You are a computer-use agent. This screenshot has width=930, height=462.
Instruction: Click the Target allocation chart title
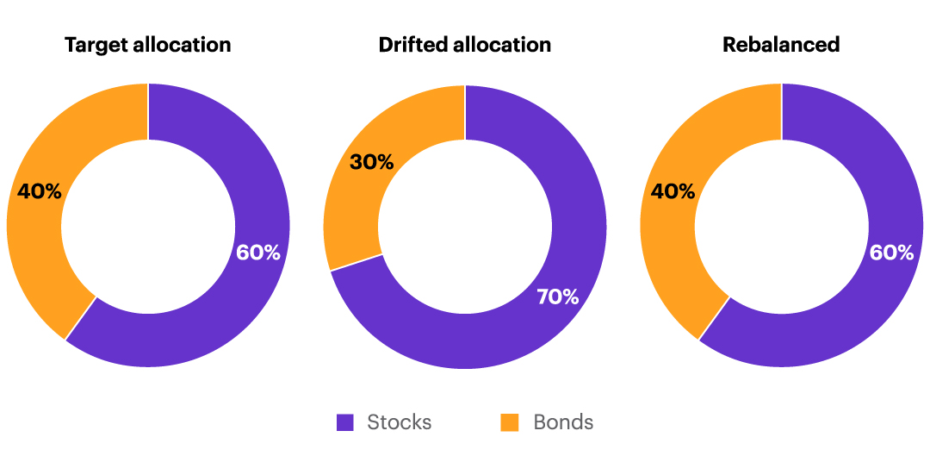[148, 45]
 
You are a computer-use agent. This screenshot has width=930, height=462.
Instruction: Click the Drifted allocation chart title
[465, 45]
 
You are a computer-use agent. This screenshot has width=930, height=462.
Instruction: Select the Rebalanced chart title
[781, 45]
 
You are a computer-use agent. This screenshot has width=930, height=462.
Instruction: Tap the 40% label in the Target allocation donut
[40, 191]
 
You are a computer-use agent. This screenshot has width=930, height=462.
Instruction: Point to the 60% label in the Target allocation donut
[258, 253]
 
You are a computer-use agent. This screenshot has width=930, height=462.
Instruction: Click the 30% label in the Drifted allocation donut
[372, 161]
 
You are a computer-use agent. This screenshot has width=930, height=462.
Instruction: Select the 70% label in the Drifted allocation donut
[558, 297]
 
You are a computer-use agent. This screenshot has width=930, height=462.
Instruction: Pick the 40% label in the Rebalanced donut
[673, 191]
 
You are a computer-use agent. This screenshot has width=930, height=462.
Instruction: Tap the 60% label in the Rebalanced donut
[891, 253]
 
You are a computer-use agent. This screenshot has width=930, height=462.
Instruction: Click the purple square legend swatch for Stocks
[345, 422]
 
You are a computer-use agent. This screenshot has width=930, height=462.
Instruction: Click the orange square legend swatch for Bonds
[510, 422]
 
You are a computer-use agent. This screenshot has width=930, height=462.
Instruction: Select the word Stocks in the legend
[399, 422]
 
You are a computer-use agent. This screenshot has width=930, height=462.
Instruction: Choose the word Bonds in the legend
[563, 422]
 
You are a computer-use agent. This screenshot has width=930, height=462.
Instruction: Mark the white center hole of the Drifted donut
[465, 226]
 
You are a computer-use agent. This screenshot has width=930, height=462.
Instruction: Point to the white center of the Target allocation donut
[148, 226]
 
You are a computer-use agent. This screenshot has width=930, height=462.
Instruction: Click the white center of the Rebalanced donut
[781, 226]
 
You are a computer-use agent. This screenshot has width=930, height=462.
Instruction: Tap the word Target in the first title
[96, 45]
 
